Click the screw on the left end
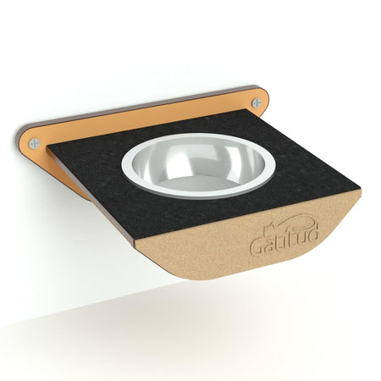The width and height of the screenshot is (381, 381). coord(34,142)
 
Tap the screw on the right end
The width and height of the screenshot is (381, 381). coord(256,102)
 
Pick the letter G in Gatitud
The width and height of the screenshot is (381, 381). coord(257,247)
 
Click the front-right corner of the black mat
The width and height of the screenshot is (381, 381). coord(359,191)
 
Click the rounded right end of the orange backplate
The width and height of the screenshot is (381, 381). coord(263,99)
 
